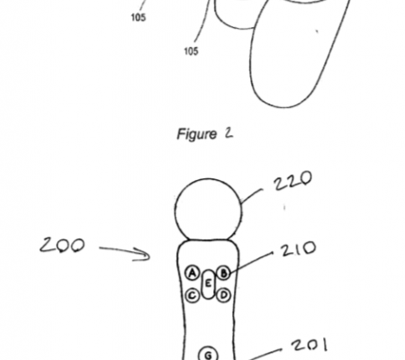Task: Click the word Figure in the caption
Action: coord(196,134)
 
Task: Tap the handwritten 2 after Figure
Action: coord(229,133)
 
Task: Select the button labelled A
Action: coord(193,273)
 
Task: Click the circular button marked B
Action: coord(223,274)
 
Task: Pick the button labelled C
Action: coord(193,295)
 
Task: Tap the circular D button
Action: coord(223,295)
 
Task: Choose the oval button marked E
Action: coord(208,283)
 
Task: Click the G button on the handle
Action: coord(208,354)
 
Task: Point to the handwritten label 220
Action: coord(292,181)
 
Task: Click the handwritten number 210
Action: coord(299,248)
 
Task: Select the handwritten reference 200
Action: coord(62,245)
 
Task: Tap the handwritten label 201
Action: coord(310,345)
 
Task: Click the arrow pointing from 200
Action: coord(124,253)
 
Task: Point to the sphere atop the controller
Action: coord(208,210)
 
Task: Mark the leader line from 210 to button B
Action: coord(250,263)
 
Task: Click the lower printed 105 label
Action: coord(191,51)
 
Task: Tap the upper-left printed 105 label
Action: coord(139,17)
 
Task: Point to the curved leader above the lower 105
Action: coord(203,22)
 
